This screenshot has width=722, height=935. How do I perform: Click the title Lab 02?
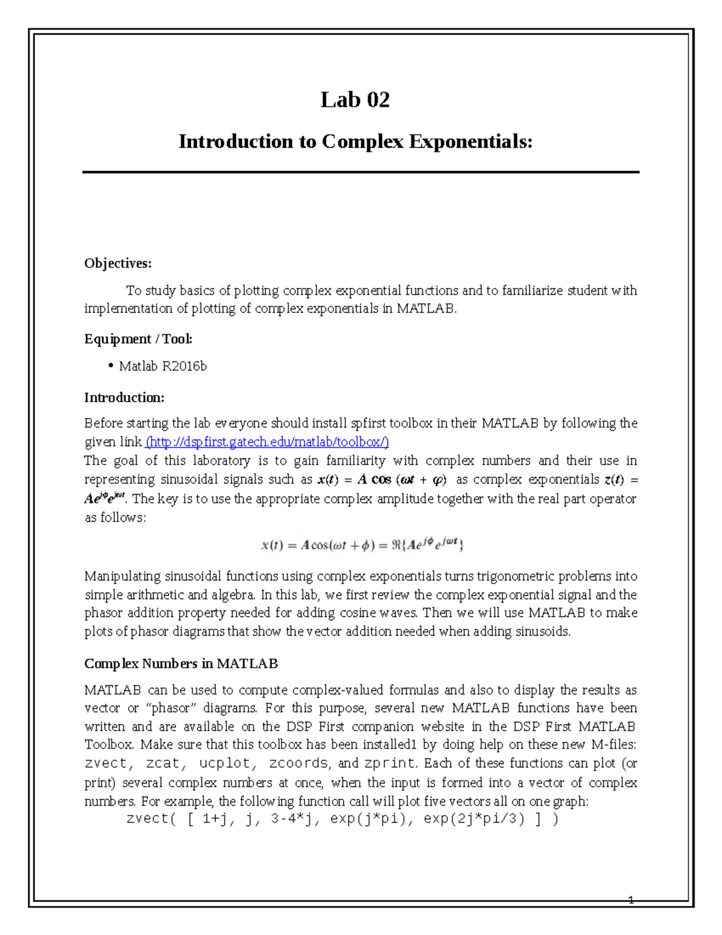(355, 100)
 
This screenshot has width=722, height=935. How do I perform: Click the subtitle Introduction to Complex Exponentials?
(356, 141)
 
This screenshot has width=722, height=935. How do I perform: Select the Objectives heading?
(118, 263)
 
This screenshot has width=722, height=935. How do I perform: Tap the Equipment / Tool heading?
(138, 339)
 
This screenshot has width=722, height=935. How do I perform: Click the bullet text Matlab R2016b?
(162, 366)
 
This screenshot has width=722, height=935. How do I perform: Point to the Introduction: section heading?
(124, 397)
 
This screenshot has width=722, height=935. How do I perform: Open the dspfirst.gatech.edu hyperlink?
(268, 442)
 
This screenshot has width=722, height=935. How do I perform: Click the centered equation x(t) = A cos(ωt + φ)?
(362, 545)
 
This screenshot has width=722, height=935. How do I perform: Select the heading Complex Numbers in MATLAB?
(180, 663)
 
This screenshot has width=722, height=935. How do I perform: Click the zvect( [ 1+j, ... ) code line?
(342, 819)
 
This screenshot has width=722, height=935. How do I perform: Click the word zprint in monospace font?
(389, 763)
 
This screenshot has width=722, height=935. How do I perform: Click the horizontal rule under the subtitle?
(360, 172)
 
